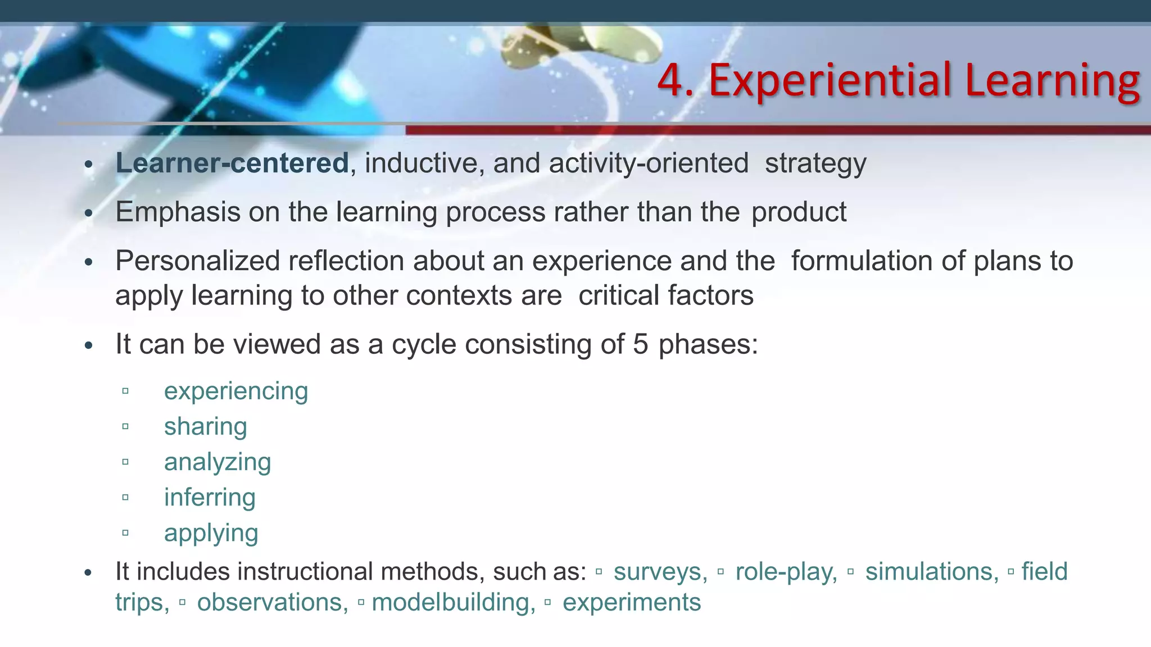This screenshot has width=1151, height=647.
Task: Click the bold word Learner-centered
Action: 232,163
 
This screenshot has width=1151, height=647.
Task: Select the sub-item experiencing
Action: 236,391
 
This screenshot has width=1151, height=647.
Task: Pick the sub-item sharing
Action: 206,427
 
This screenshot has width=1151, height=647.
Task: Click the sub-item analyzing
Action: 217,462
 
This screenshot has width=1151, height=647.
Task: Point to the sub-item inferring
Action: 210,498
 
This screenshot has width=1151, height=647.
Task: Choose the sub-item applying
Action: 211,534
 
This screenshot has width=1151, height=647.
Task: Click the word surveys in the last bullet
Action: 660,572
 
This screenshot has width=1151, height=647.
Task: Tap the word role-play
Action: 786,572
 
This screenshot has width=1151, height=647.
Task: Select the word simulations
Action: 932,572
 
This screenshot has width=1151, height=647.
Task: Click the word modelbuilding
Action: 454,603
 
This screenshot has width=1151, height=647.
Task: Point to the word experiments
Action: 632,603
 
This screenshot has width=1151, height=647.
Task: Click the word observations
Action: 273,603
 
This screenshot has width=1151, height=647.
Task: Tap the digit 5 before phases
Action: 641,344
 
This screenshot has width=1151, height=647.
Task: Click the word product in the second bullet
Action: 799,212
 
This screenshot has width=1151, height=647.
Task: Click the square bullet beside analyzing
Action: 125,462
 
